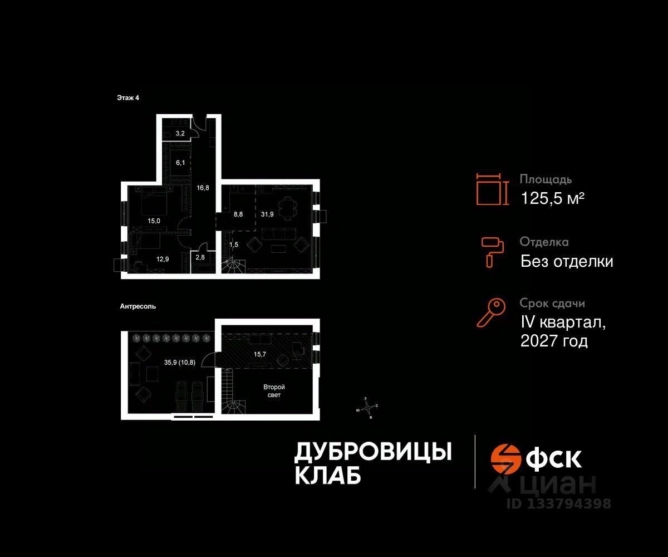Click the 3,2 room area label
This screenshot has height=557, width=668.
(180, 134)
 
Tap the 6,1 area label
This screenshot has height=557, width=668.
(180, 163)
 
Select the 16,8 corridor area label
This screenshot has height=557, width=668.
(203, 188)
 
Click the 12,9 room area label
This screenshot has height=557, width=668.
(162, 258)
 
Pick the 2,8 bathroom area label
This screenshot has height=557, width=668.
(199, 257)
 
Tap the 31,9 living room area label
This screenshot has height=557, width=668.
(268, 213)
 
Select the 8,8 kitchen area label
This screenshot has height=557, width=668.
(238, 213)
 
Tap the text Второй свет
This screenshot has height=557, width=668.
(274, 390)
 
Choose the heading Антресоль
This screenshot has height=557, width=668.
(137, 306)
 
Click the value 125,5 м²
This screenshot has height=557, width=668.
(552, 198)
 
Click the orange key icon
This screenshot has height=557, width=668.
(491, 312)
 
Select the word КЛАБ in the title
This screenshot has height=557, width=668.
(326, 475)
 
